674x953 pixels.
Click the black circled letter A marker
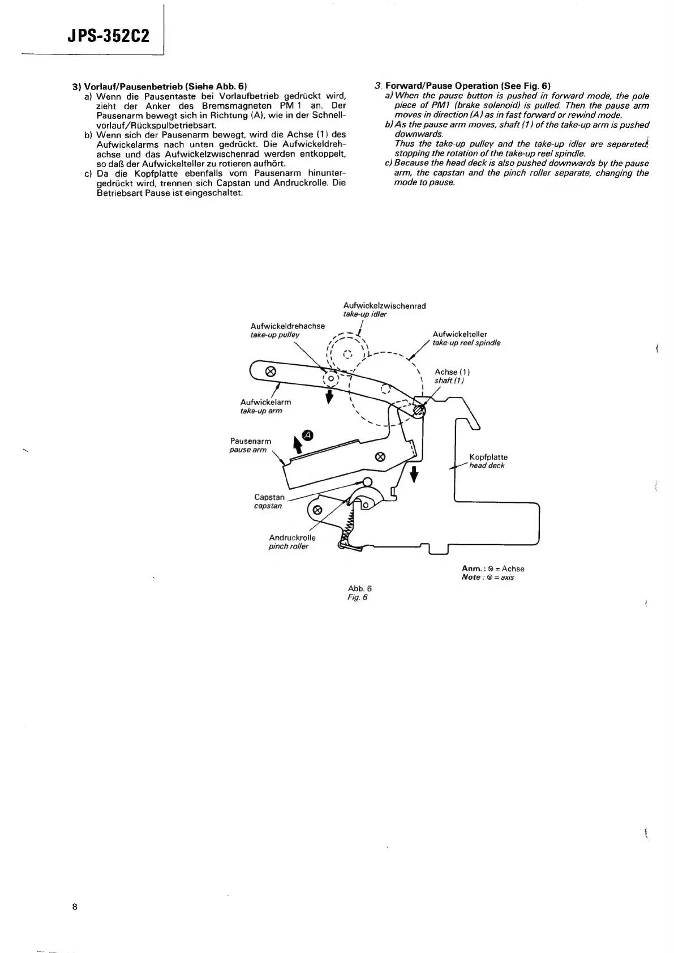pos(308,435)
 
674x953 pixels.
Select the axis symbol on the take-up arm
pos(271,371)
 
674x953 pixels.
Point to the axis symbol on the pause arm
pos(381,456)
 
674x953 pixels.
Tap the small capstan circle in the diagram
pos(367,482)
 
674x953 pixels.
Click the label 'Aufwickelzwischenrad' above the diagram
pos(384,306)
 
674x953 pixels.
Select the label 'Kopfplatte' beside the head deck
pos(488,457)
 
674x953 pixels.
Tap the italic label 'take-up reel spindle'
pos(466,343)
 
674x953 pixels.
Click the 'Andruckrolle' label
pos(292,537)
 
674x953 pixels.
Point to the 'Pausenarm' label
pos(251,441)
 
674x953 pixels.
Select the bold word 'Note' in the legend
pos(470,577)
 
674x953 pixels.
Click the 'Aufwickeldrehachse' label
pos(287,326)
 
